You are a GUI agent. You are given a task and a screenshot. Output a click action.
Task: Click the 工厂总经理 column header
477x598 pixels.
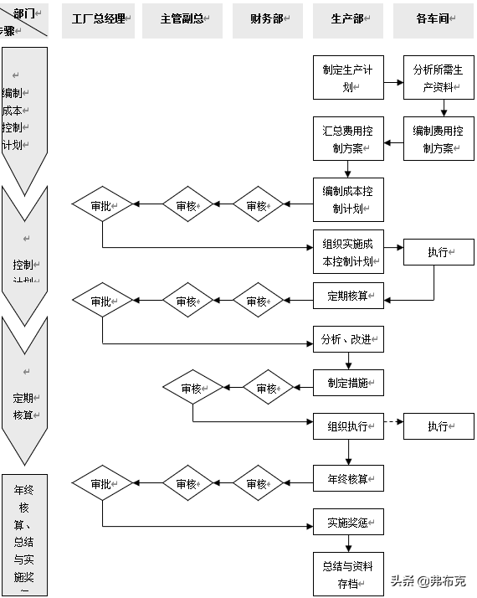[98, 20]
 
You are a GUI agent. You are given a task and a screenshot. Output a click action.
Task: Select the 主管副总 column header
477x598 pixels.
[182, 20]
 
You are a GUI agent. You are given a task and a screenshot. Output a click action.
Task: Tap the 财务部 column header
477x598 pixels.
[268, 20]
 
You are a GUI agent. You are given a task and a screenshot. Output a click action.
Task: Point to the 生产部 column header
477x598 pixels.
[348, 20]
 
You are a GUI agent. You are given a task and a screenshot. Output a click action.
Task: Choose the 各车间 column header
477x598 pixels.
[433, 20]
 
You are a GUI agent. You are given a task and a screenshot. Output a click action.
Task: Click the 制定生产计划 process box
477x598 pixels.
[348, 79]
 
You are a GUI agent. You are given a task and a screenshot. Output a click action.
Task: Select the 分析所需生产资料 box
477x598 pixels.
[433, 79]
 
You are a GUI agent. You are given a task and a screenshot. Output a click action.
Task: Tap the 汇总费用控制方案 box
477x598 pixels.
[348, 139]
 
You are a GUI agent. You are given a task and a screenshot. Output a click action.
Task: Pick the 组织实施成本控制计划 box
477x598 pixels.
[348, 252]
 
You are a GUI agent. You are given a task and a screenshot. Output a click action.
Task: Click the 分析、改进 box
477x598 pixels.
[348, 339]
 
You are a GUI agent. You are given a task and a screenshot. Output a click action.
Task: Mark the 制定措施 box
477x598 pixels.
[348, 384]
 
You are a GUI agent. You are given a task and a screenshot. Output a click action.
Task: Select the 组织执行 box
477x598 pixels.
[348, 426]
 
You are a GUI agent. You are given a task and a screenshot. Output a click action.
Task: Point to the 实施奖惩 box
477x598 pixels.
[348, 523]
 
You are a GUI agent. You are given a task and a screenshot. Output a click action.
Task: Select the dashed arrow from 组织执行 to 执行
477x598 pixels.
[393, 421]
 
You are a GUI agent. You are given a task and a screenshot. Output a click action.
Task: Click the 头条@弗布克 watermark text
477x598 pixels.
[428, 580]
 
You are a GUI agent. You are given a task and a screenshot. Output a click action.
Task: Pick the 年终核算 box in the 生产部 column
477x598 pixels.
[348, 479]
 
